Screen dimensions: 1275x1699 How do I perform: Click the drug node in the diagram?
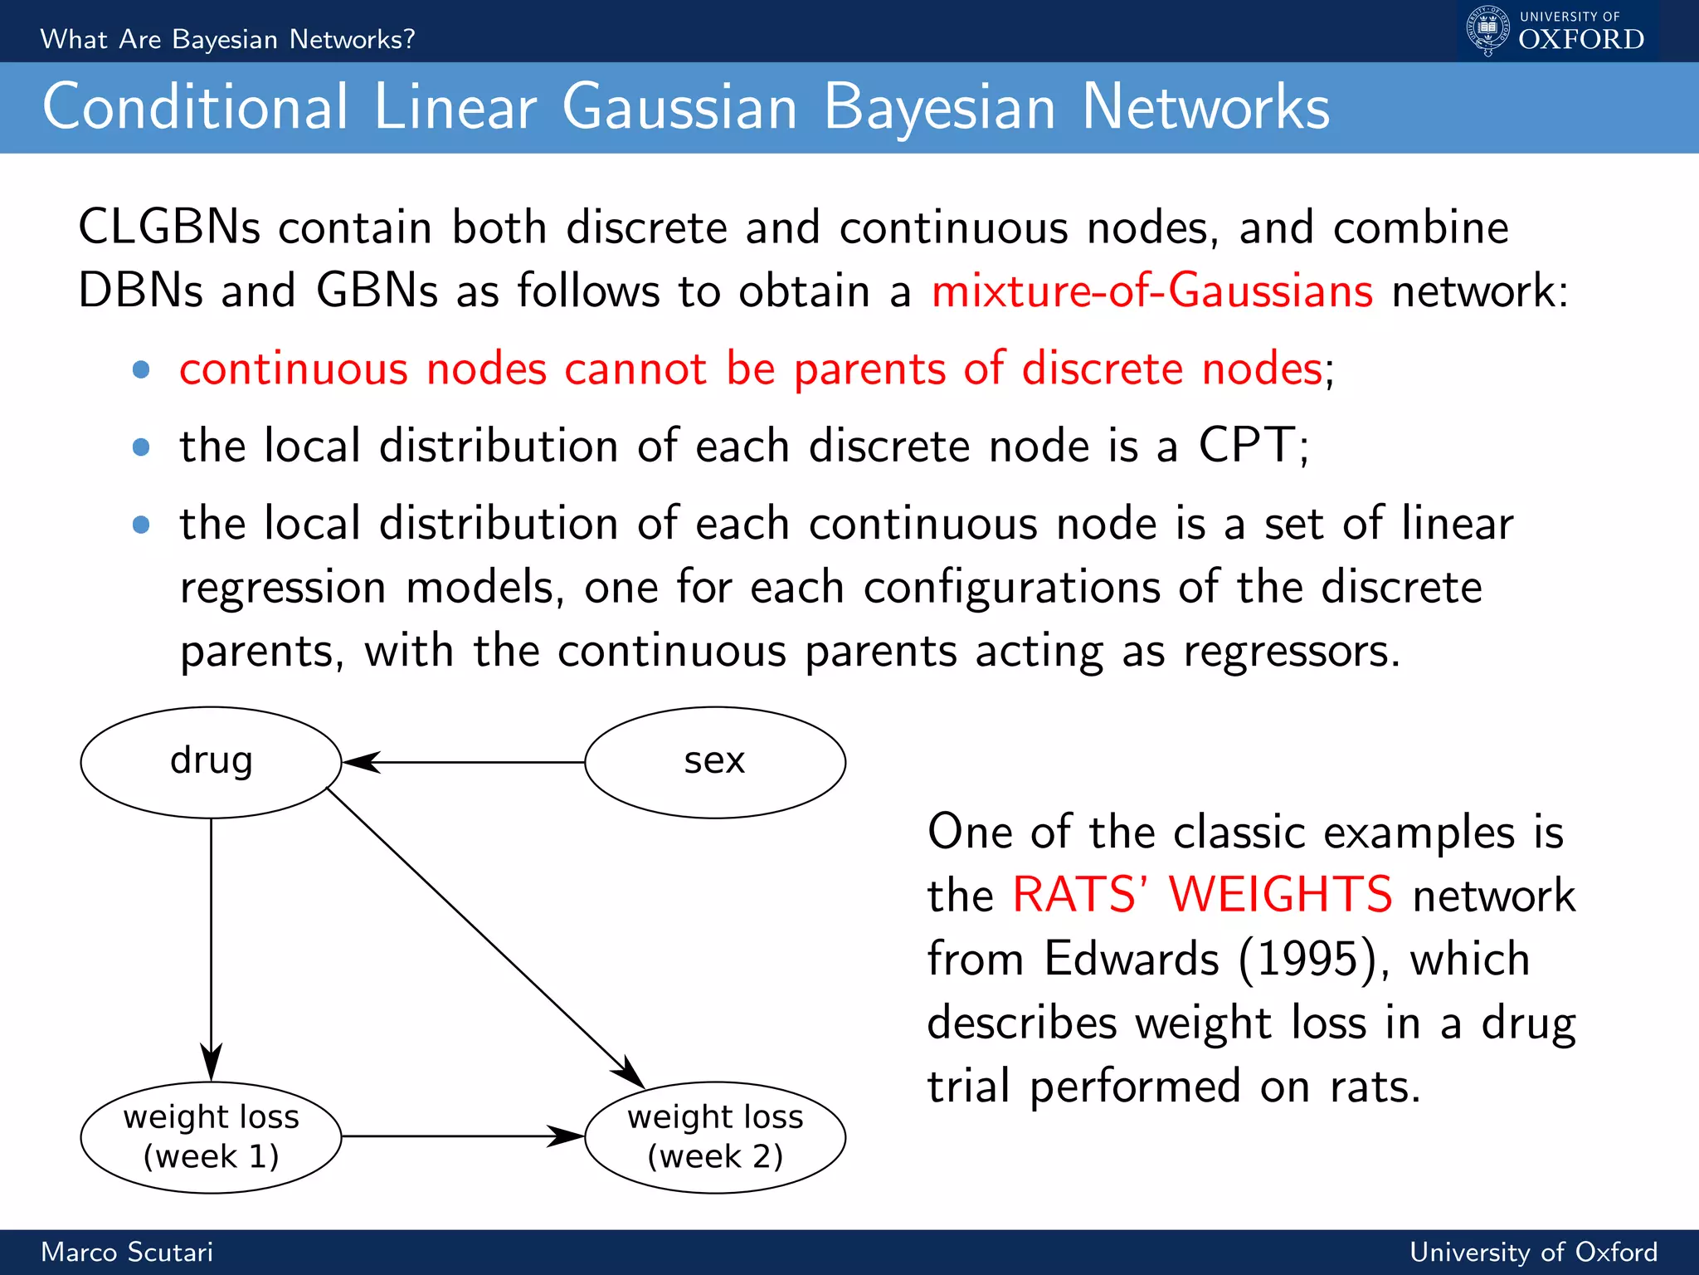pos(211,761)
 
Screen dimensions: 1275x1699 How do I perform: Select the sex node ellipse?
pos(714,761)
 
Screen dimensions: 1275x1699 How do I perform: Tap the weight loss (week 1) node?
pos(211,1136)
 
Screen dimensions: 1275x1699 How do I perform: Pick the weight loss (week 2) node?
pos(714,1136)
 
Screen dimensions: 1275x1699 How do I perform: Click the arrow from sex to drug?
pos(465,761)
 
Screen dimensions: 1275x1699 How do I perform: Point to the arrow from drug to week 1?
pos(211,946)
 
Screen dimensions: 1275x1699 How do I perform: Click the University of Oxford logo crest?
pos(1488,30)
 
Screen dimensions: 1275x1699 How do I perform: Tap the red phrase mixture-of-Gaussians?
pos(1151,291)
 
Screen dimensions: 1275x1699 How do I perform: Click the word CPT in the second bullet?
pos(1247,445)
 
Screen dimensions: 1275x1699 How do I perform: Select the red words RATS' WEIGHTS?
pos(1202,895)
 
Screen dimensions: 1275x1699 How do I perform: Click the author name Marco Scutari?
pos(127,1252)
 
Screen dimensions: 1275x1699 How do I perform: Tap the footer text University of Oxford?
pos(1533,1252)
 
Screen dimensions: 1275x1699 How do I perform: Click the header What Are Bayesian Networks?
pos(227,39)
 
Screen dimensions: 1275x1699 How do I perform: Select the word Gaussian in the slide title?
pos(679,108)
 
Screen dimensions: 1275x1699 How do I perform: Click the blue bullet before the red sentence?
pos(141,369)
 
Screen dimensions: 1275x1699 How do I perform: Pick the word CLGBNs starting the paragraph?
pos(169,227)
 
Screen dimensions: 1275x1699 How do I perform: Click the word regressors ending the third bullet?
pos(1291,651)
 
